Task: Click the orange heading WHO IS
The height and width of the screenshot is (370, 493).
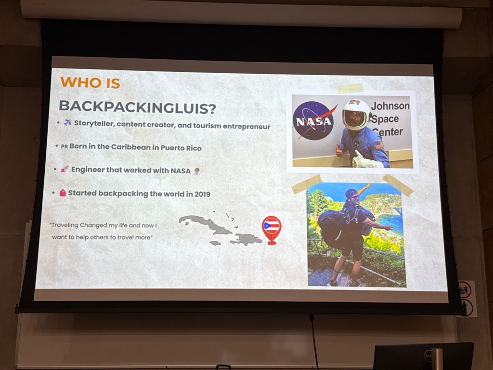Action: click(90, 83)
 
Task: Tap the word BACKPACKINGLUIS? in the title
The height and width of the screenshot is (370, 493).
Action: click(137, 107)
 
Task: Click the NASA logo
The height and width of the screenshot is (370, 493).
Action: click(314, 120)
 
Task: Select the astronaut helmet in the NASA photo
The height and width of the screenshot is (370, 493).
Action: click(356, 115)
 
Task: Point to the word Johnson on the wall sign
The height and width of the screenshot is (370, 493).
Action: click(390, 106)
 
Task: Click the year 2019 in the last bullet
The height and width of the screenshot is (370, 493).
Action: click(202, 194)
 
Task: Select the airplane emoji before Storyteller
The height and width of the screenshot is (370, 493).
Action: click(67, 122)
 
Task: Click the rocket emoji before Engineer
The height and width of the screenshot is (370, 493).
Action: click(65, 169)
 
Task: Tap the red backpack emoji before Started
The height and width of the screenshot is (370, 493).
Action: click(63, 193)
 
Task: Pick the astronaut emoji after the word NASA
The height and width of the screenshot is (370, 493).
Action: click(197, 171)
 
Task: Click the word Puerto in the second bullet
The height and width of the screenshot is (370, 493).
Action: click(172, 147)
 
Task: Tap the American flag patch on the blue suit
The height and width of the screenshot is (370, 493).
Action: click(379, 145)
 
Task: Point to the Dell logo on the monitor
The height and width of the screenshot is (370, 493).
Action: click(428, 356)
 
